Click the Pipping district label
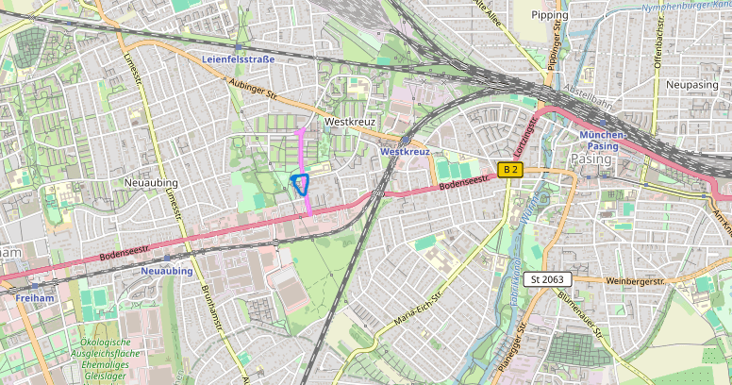click(550, 15)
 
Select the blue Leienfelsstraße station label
click(238, 59)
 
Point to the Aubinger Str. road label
click(252, 91)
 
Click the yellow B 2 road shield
click(510, 170)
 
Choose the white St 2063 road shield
click(546, 279)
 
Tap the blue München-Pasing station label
click(603, 141)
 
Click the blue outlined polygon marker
click(301, 184)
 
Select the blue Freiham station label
click(35, 297)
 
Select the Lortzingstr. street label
click(524, 138)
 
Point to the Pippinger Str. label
click(556, 47)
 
